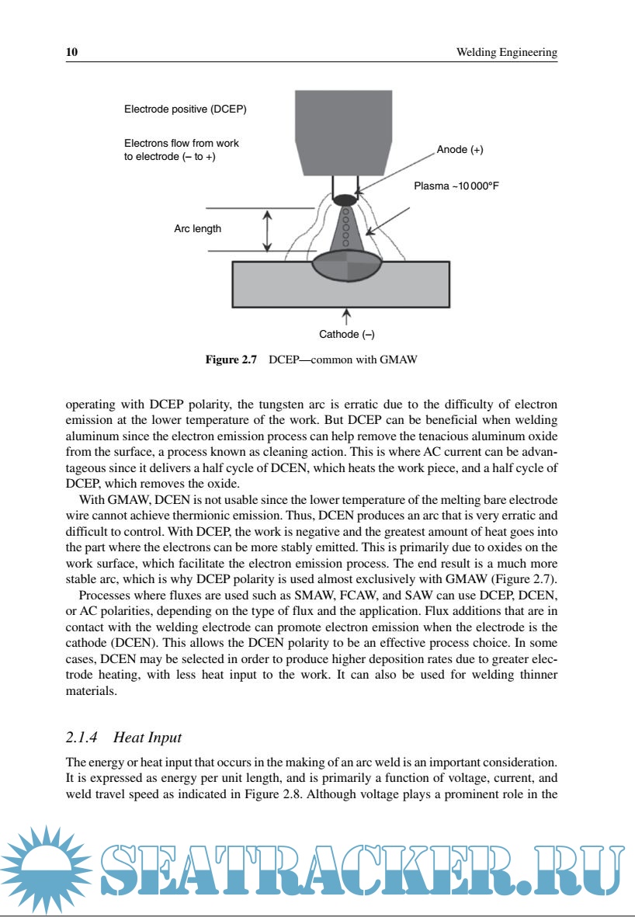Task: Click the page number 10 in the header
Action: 71,52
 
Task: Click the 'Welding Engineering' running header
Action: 506,52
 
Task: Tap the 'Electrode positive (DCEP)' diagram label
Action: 185,109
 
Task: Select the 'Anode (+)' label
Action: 460,149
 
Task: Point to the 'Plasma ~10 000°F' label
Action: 460,186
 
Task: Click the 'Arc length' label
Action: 197,228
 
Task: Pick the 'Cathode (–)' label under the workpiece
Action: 346,335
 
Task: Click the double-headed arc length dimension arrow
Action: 267,231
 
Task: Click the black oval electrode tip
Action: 344,200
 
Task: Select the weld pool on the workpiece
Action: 347,268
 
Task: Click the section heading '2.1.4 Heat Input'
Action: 123,737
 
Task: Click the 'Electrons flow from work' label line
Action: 181,144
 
